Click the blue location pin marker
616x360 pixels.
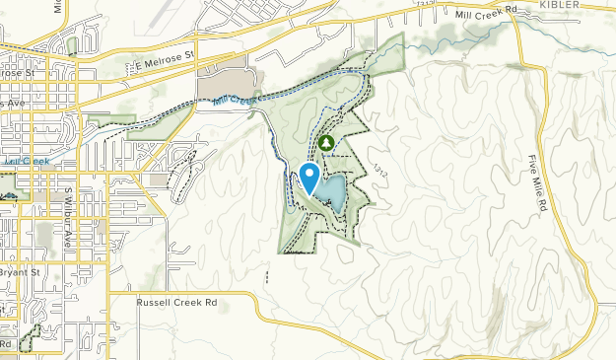pos(309,178)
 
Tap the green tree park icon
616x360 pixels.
pos(326,144)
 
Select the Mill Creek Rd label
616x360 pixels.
pos(486,12)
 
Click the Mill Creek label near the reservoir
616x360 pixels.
pos(235,100)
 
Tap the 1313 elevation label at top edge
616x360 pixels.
pos(425,4)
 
